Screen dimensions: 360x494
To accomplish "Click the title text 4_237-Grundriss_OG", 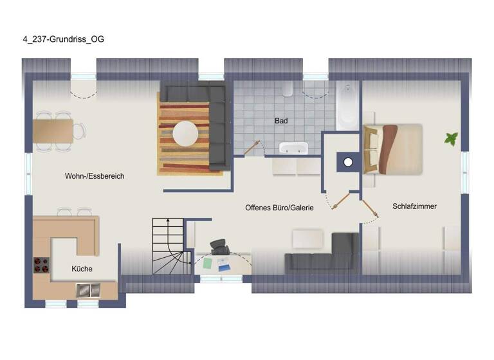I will [62, 39].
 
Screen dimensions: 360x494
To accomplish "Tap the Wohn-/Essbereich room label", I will [95, 175].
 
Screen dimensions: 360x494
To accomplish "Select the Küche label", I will [82, 269].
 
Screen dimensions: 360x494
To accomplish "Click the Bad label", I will [281, 120].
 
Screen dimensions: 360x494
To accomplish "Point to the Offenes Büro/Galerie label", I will [279, 208].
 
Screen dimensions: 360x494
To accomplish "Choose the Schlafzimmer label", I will [414, 206].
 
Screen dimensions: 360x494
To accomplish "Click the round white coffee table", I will [186, 134].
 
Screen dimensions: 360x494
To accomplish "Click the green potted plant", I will [451, 138].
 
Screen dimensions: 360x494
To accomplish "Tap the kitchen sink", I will [87, 290].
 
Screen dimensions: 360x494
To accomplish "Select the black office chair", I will [219, 248].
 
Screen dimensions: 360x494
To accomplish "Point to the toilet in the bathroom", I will [288, 89].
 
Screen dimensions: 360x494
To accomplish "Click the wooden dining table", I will [57, 131].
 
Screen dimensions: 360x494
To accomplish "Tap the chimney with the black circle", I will [347, 162].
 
